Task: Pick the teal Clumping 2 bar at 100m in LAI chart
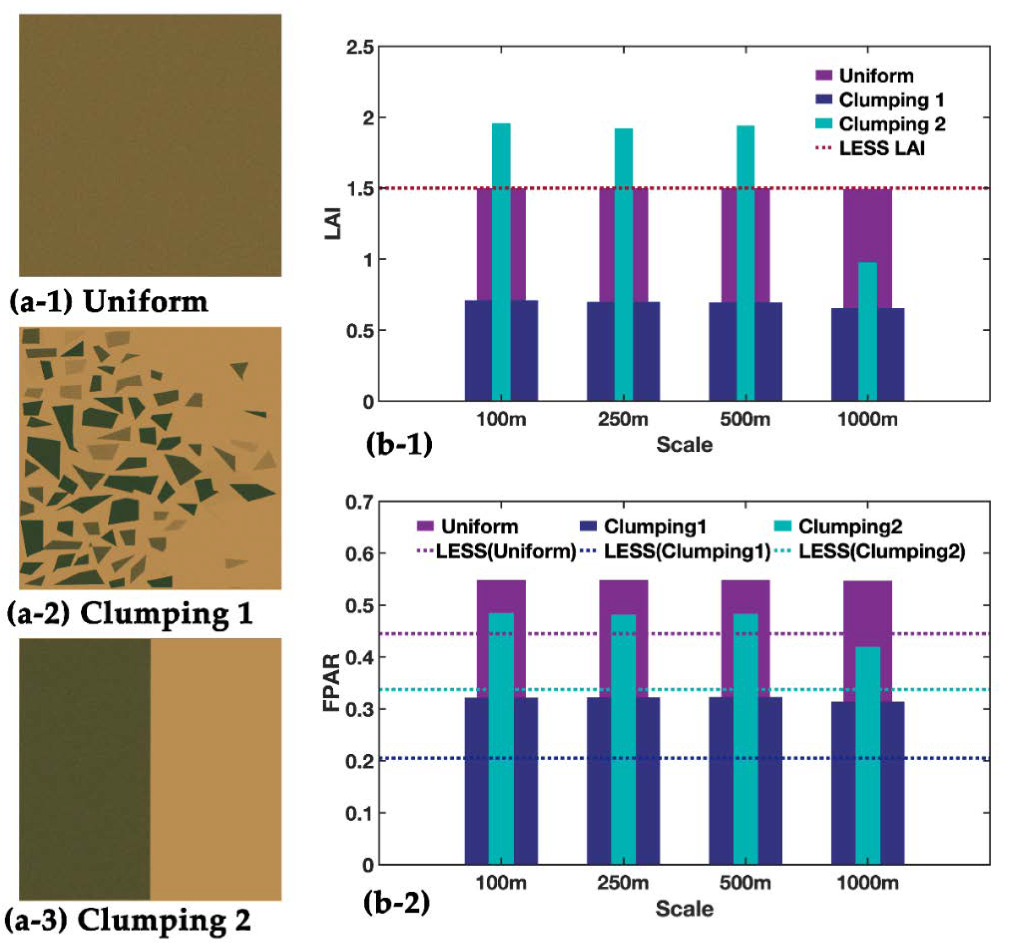coord(501,261)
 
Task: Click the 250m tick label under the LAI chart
coord(623,419)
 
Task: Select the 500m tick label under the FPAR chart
coord(744,883)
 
